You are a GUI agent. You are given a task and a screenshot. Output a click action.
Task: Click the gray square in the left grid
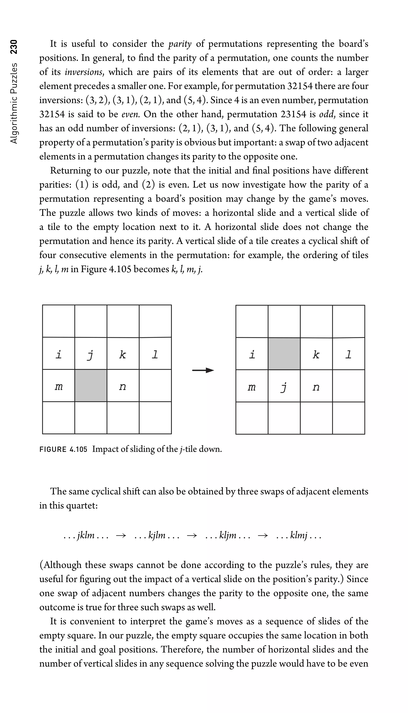pos(90,386)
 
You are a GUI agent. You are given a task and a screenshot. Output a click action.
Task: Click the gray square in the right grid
pos(284,354)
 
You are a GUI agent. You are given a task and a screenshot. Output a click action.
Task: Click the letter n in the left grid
pos(122,387)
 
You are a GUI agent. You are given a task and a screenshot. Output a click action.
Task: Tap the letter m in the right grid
pos(252,387)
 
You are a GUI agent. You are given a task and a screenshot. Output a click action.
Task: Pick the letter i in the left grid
pos(58,355)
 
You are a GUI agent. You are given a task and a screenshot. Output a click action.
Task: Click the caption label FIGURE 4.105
pos(63,449)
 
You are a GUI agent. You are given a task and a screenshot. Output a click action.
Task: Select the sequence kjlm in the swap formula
pos(157,536)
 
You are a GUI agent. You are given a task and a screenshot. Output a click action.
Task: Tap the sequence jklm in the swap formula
pos(86,536)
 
